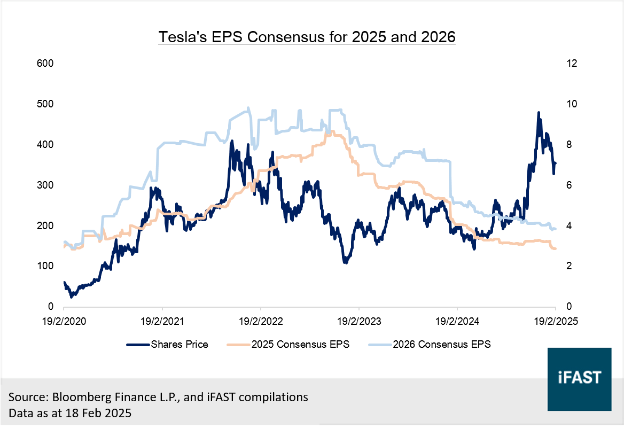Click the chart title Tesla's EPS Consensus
(307, 38)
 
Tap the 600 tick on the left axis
(46, 64)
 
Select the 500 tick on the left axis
(46, 104)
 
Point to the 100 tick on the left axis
(46, 266)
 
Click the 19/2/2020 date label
(64, 322)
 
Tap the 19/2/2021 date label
(162, 322)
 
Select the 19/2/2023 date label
(359, 322)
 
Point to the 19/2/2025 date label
(556, 322)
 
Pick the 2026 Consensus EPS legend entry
(441, 345)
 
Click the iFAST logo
(579, 379)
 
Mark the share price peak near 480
(539, 113)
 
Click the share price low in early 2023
(346, 262)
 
